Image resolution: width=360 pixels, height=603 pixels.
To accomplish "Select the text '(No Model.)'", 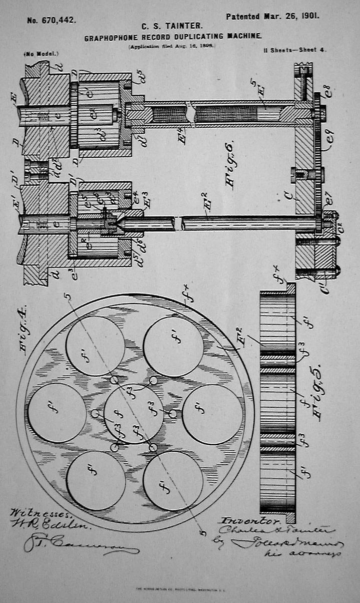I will point(41,53).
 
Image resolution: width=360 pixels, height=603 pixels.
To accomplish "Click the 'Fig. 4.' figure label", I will point(24,331).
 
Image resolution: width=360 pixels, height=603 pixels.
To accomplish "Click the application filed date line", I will point(171,46).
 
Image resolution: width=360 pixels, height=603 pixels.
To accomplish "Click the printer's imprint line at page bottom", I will point(180,590).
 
